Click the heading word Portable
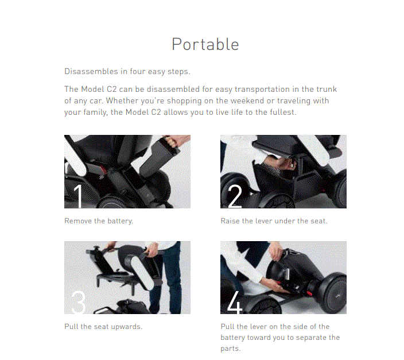coord(205,44)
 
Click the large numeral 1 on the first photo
coord(78,195)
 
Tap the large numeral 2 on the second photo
coord(235,196)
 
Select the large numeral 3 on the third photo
coord(79,301)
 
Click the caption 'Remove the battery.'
coord(99,221)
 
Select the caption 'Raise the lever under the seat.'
coord(274,221)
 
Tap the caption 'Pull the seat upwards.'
coord(103,327)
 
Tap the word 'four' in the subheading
coord(141,72)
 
